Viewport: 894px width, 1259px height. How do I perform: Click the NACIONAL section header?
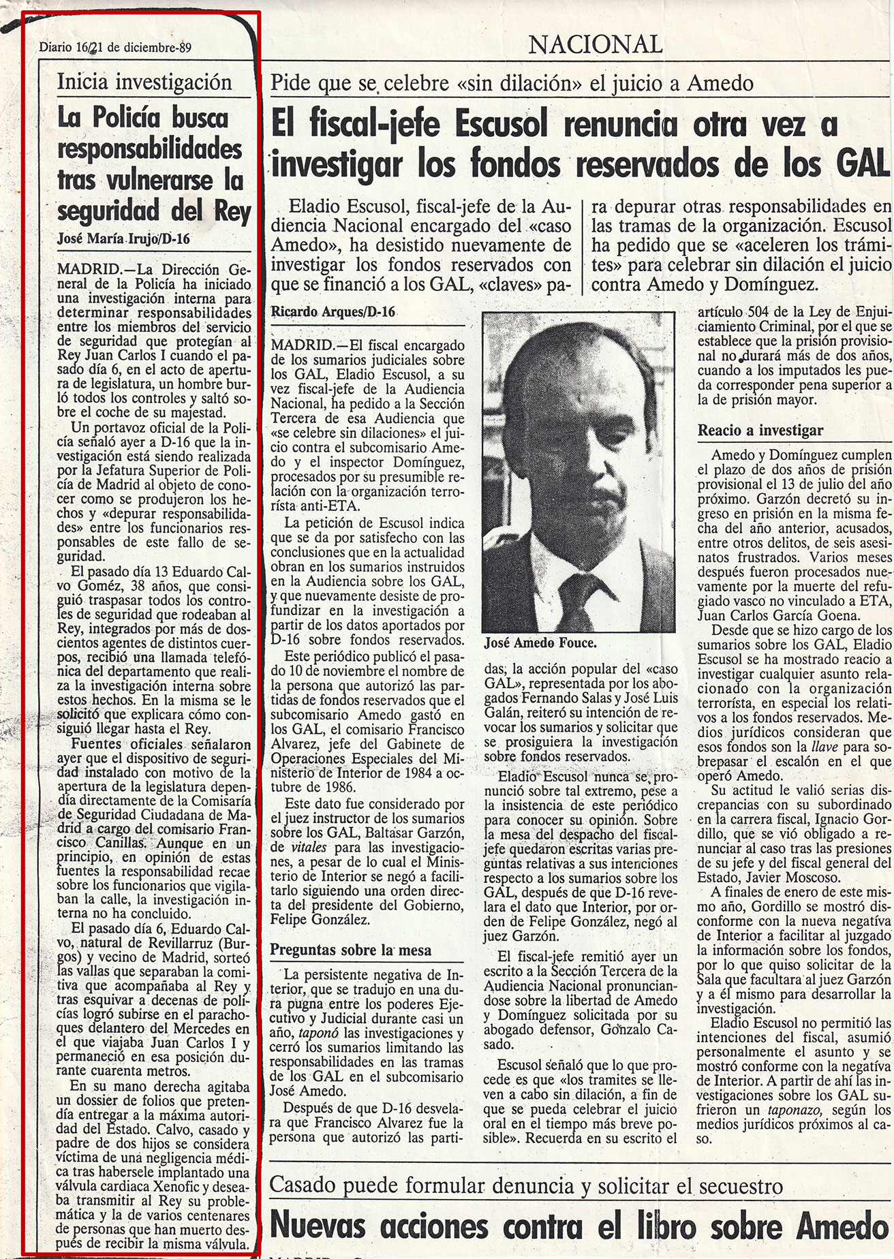[596, 45]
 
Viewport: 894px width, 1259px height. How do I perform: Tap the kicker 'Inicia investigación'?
[144, 82]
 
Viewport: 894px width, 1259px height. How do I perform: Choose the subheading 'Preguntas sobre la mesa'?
[351, 950]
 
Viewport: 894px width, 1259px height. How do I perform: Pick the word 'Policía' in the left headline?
[132, 119]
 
